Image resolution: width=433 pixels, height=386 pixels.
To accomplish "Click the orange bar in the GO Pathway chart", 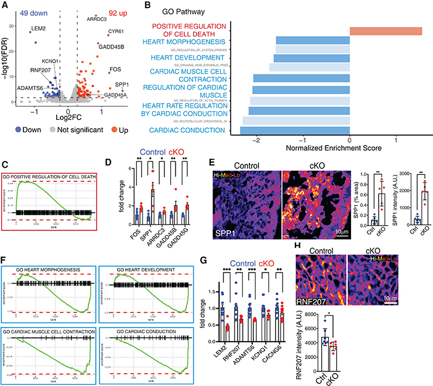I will click(x=386, y=30).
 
